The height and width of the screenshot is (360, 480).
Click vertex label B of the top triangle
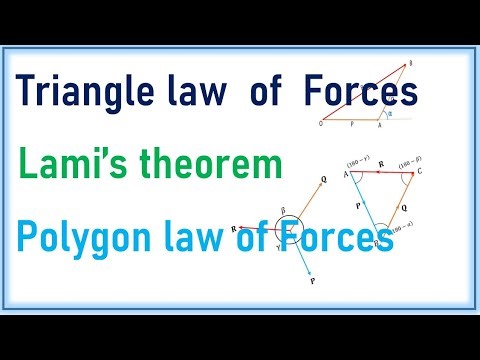click(x=410, y=62)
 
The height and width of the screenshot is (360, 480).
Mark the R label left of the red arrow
click(x=232, y=229)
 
